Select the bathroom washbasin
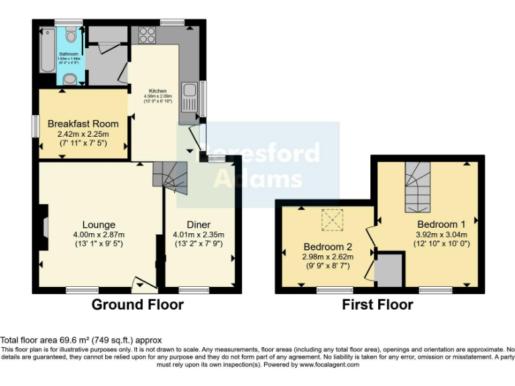(70, 79)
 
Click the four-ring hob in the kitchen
(147, 35)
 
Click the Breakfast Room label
(83, 124)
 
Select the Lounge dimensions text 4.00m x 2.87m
(99, 235)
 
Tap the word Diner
(199, 224)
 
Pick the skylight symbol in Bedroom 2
(331, 218)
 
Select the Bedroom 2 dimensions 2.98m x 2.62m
(327, 256)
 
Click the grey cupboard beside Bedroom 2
(389, 271)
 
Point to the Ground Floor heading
(137, 305)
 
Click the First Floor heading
(378, 305)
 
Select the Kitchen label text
(158, 91)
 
